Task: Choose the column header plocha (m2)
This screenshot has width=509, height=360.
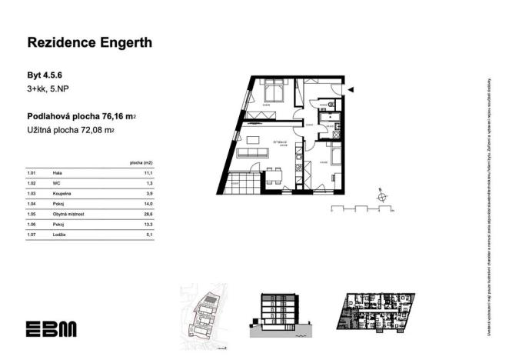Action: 142,163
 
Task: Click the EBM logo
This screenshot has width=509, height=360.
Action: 51,328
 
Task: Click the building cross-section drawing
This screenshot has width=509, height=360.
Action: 281,316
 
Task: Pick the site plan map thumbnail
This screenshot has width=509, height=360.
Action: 203,312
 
